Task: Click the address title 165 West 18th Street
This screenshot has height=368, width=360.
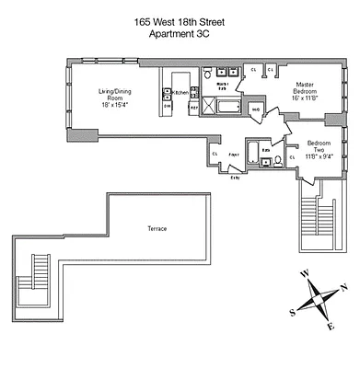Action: (x=180, y=22)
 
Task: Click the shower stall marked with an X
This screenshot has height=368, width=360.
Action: (x=226, y=109)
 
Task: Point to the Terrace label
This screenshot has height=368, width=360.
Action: (x=157, y=228)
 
